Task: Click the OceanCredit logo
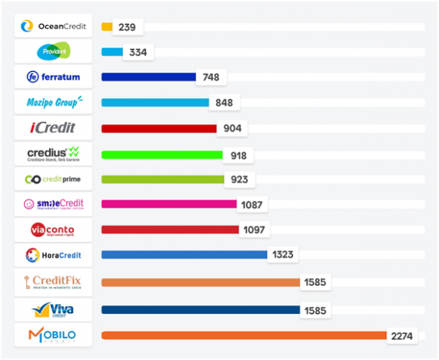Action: pyautogui.click(x=53, y=27)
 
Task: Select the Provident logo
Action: pyautogui.click(x=53, y=52)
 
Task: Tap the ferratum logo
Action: pyautogui.click(x=53, y=77)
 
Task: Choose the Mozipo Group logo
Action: pyautogui.click(x=53, y=103)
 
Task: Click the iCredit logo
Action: pyautogui.click(x=53, y=128)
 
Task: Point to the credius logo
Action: pyautogui.click(x=53, y=153)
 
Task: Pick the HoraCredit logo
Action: pyautogui.click(x=53, y=255)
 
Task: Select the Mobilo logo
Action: pyautogui.click(x=53, y=335)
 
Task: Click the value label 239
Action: pyautogui.click(x=128, y=27)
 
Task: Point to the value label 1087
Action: pyautogui.click(x=252, y=204)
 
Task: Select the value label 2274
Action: pyautogui.click(x=403, y=336)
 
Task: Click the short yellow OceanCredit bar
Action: pyautogui.click(x=107, y=27)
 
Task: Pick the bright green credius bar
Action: pyautogui.click(x=162, y=154)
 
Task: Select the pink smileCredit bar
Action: pyautogui.click(x=169, y=204)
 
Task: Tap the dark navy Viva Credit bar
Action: pyautogui.click(x=201, y=310)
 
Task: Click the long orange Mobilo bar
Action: pyautogui.click(x=245, y=335)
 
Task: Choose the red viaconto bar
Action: pyautogui.click(x=170, y=230)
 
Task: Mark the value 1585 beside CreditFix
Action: pyautogui.click(x=315, y=282)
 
